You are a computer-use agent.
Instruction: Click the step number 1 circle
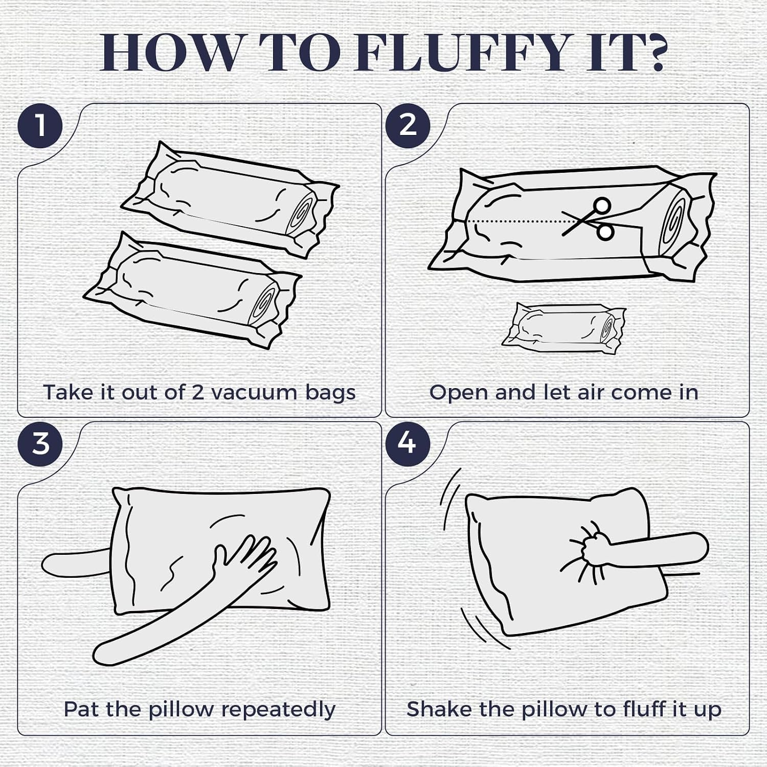(40, 125)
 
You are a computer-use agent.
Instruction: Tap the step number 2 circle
(408, 125)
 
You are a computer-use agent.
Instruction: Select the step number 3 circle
(40, 443)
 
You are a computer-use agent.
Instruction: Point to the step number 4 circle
(408, 443)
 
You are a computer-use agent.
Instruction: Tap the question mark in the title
(649, 52)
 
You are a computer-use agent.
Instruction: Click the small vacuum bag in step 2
(563, 327)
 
